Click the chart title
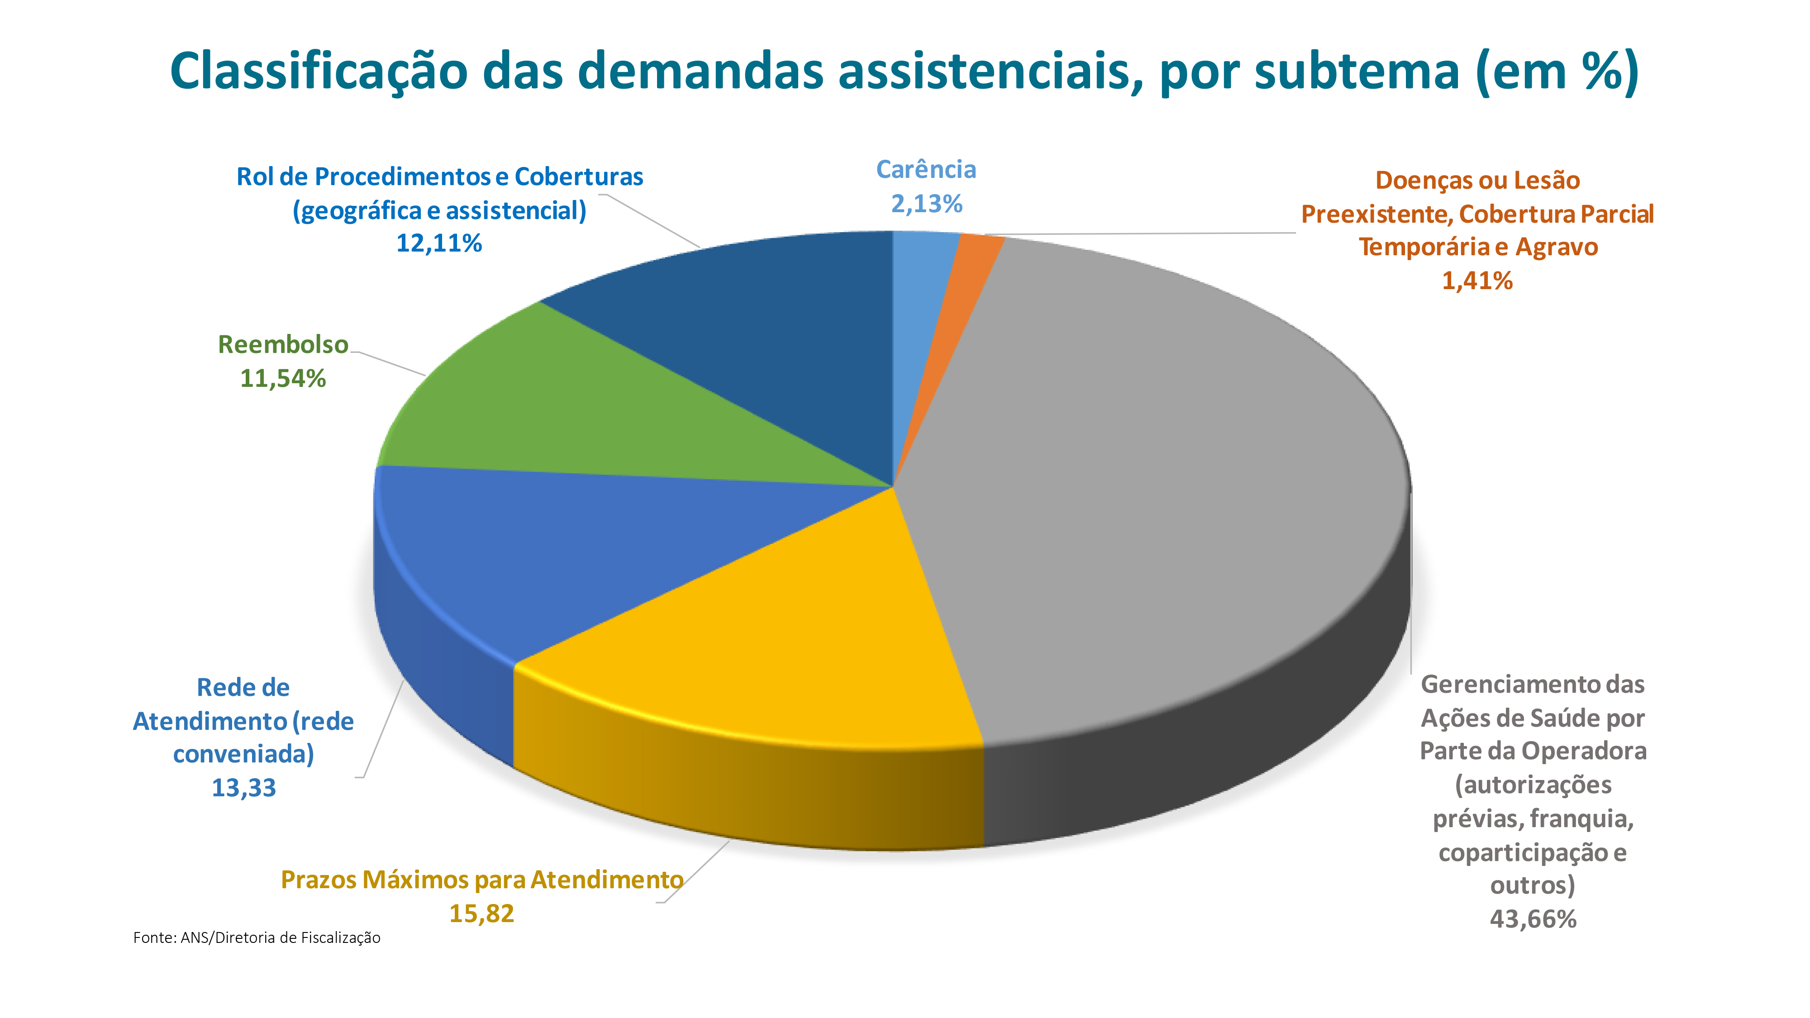coord(905,71)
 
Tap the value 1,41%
coord(1477,281)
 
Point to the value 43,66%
coord(1533,919)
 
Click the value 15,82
coord(481,913)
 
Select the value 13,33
coord(244,788)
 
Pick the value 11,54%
coord(283,379)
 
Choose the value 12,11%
coord(439,243)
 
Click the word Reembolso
coord(283,344)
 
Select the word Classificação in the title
coord(318,71)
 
